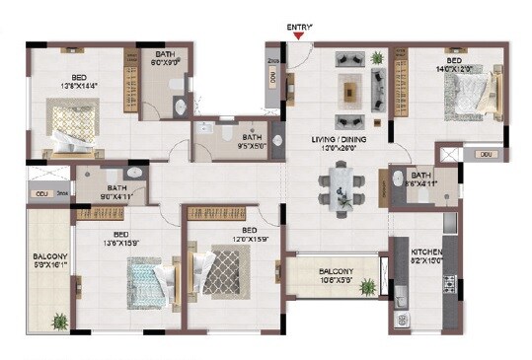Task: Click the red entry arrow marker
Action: pos(300,38)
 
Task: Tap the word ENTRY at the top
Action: pos(299,28)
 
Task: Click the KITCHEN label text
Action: pos(427,252)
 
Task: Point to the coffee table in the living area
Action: pos(351,92)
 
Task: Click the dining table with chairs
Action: pos(342,187)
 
